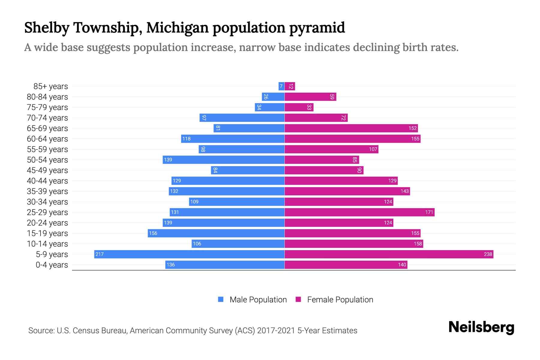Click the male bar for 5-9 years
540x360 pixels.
point(189,254)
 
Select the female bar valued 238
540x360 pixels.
point(389,254)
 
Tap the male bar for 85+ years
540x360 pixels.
point(281,86)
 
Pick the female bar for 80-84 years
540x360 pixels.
point(310,97)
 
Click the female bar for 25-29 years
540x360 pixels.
point(359,212)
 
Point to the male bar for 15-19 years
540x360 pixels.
point(216,233)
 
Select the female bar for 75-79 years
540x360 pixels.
point(299,107)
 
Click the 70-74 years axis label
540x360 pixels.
point(47,118)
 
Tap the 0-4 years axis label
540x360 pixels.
point(52,265)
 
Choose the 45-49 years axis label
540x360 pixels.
point(47,170)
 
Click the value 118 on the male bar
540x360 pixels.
point(186,139)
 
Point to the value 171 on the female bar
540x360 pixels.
point(429,212)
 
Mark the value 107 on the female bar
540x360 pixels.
point(373,149)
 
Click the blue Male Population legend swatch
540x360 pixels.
point(221,299)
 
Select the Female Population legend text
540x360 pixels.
point(340,299)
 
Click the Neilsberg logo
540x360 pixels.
point(481,327)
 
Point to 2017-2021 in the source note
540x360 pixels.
point(276,331)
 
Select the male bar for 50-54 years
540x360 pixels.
point(223,160)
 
